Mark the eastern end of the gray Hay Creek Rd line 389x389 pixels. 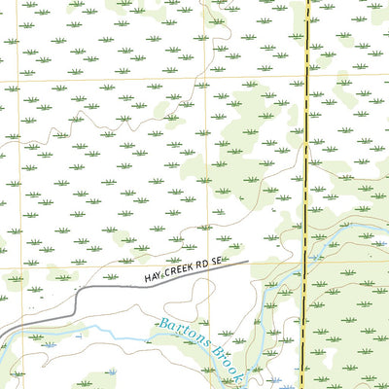(x=249, y=262)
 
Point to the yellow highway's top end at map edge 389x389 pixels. (x=308, y=1)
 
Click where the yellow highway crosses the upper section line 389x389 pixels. (x=307, y=79)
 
